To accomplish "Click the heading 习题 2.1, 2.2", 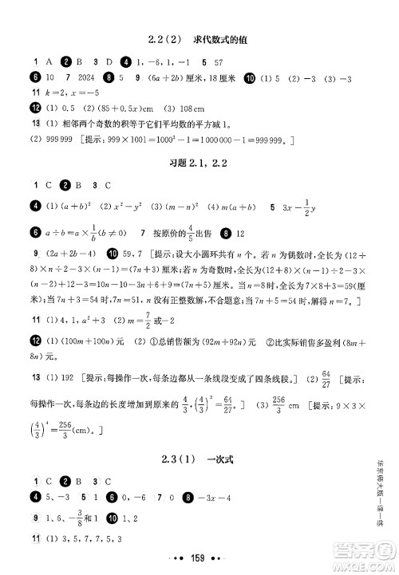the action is pos(199,163).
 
